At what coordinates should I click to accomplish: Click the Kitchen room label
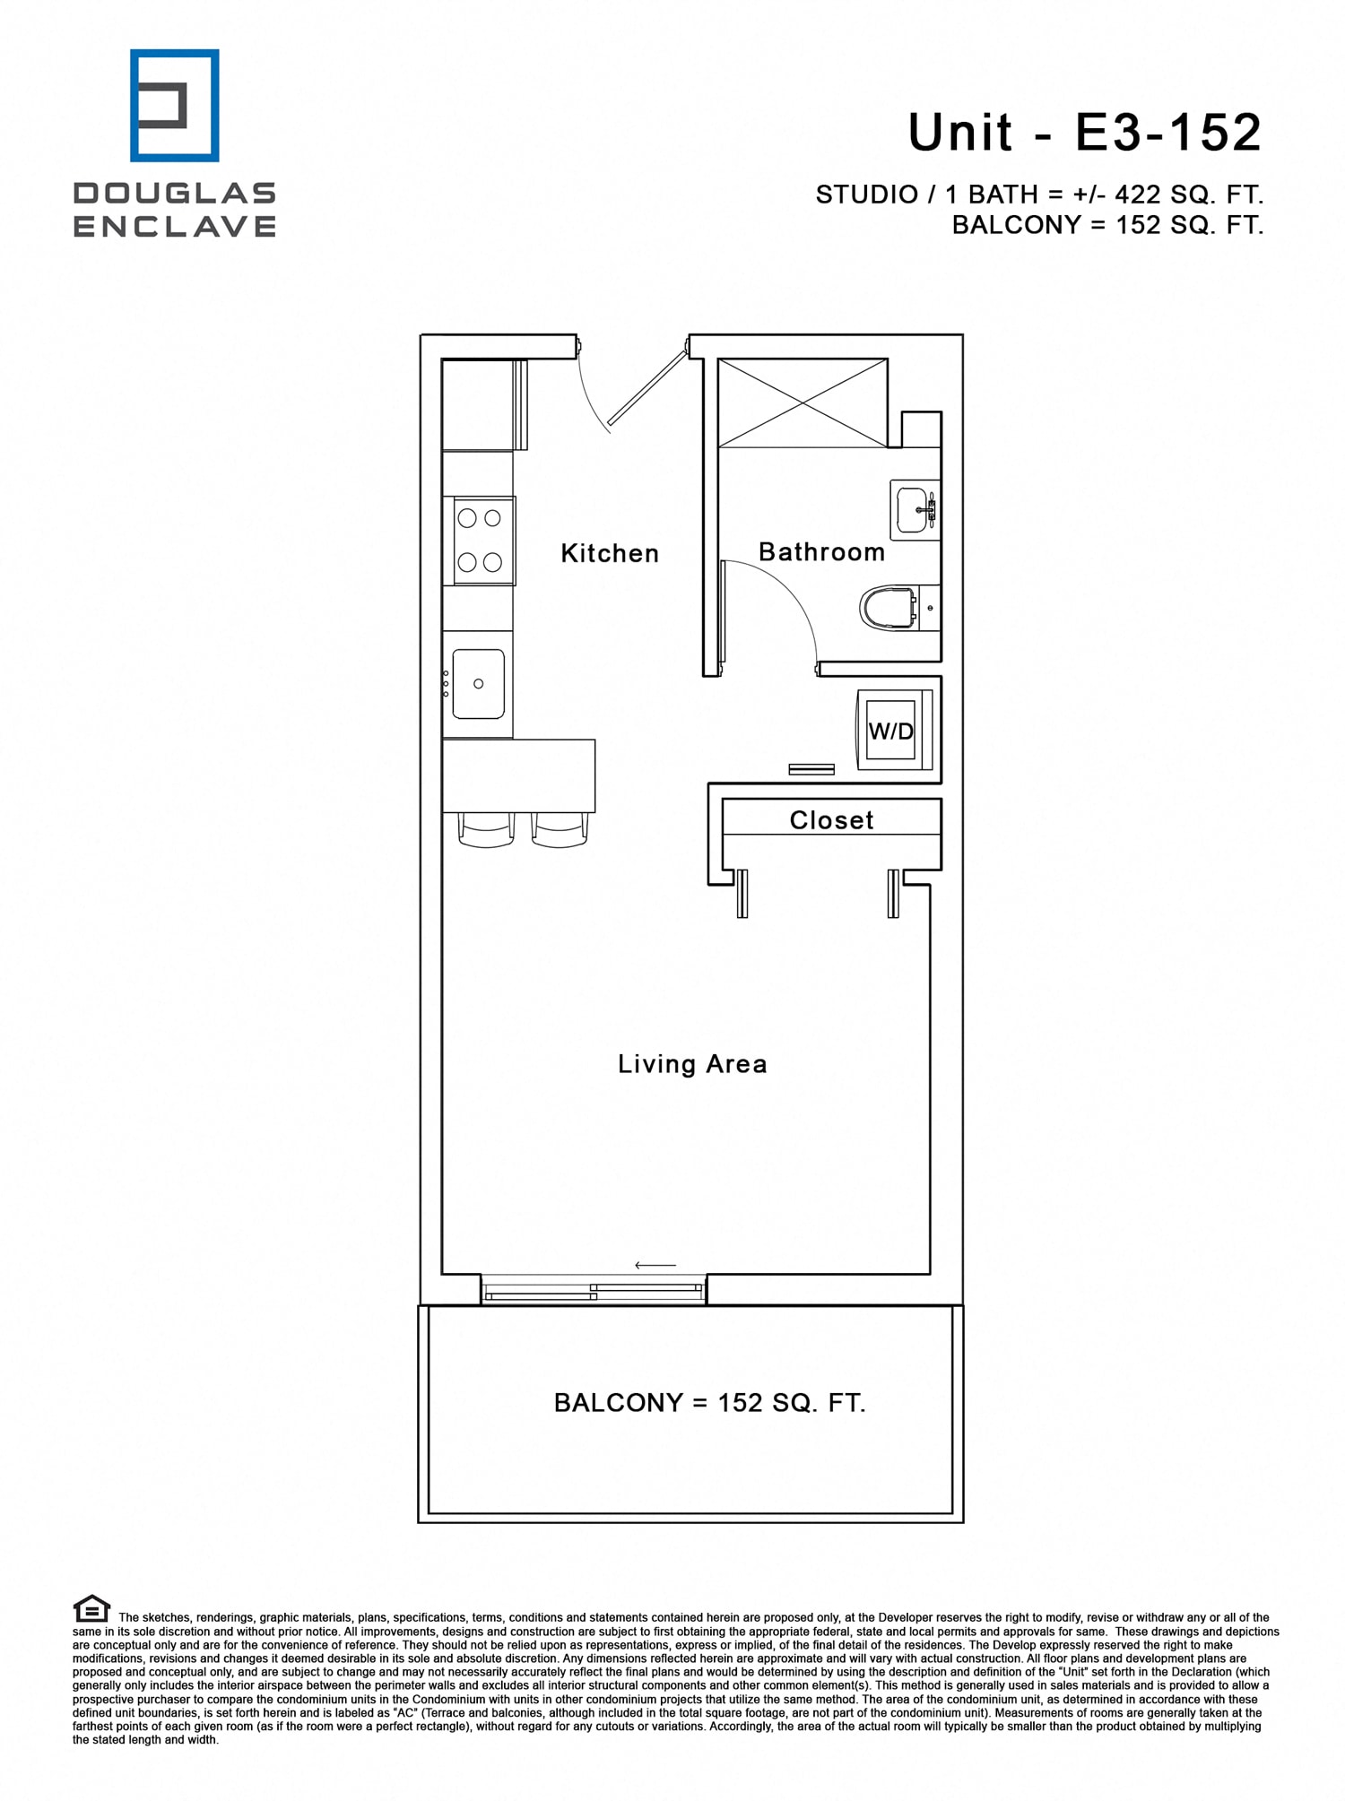[x=610, y=553]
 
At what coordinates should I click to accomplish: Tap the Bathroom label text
[x=821, y=551]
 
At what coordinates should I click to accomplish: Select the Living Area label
[x=692, y=1064]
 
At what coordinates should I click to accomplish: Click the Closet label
[x=831, y=819]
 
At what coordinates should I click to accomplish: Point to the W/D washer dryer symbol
[x=892, y=731]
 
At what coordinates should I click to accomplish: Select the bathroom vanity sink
[x=913, y=509]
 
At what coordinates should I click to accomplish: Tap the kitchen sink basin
[x=478, y=684]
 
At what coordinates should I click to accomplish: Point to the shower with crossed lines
[x=803, y=403]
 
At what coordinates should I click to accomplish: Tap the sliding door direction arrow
[x=655, y=1265]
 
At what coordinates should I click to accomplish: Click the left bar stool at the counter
[x=487, y=829]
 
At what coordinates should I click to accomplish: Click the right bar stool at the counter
[x=560, y=829]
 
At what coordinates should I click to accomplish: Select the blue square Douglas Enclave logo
[x=174, y=106]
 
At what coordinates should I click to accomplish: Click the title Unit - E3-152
[x=1084, y=133]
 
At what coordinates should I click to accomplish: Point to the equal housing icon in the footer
[x=91, y=1608]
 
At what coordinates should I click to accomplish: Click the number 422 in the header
[x=1138, y=195]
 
